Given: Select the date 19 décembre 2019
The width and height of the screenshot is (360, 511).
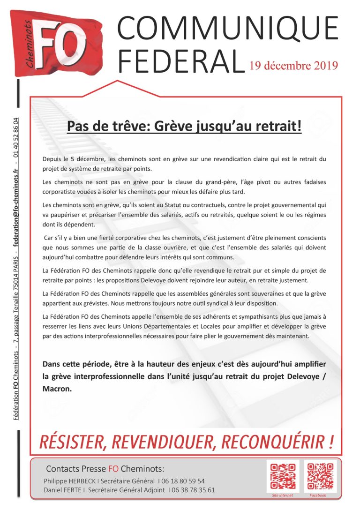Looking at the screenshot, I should point(294,65).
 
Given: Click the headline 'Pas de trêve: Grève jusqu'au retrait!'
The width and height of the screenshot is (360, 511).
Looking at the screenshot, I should point(184,126).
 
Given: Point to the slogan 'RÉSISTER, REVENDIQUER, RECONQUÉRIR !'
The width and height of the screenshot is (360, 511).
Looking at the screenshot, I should point(186,441).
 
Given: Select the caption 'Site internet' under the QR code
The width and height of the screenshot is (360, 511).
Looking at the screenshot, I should point(283,496).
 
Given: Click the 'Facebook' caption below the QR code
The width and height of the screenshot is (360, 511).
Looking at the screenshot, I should point(318,496).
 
